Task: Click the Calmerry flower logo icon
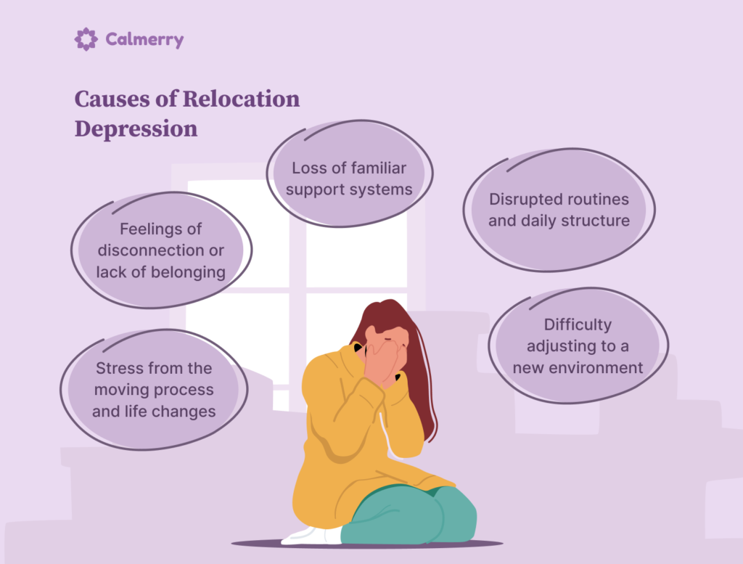pyautogui.click(x=86, y=39)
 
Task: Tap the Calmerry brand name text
pyautogui.click(x=144, y=40)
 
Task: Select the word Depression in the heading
pyautogui.click(x=136, y=128)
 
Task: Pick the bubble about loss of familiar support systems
pyautogui.click(x=349, y=179)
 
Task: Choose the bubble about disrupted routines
pyautogui.click(x=559, y=210)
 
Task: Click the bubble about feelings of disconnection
pyautogui.click(x=160, y=250)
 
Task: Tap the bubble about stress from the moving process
pyautogui.click(x=153, y=390)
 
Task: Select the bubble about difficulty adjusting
pyautogui.click(x=578, y=346)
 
